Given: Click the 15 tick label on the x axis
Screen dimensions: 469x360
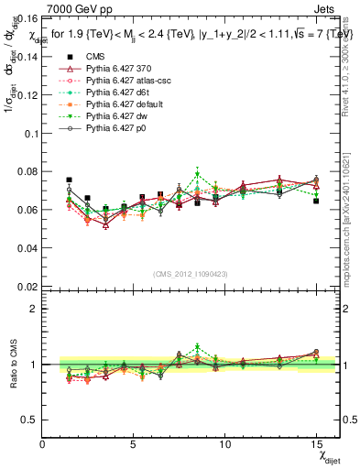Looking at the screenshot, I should [316, 444].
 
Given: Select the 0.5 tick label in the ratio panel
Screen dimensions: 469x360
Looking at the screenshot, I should [28, 420].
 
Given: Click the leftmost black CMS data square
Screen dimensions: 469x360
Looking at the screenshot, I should [70, 180].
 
